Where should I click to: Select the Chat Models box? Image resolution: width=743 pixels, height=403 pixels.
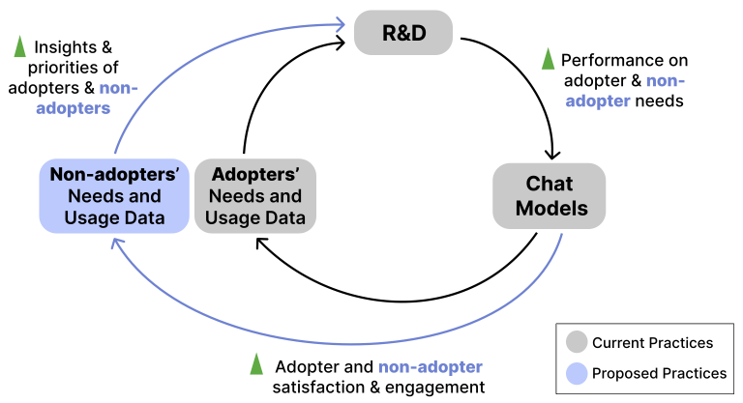550,195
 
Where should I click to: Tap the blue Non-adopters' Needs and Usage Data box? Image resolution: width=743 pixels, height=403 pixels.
113,196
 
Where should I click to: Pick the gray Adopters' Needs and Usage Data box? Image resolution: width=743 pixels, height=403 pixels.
254,196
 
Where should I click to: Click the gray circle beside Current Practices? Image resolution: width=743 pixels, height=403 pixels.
576,342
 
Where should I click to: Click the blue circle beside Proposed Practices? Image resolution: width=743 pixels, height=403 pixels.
576,373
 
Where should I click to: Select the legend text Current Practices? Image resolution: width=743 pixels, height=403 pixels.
652,342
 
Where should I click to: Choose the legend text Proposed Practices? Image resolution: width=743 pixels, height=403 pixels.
658,373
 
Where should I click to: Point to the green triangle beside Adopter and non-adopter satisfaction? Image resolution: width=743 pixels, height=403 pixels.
256,364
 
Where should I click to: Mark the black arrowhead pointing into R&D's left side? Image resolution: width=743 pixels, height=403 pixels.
342,43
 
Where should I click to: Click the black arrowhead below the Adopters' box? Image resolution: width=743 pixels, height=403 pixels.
262,242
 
